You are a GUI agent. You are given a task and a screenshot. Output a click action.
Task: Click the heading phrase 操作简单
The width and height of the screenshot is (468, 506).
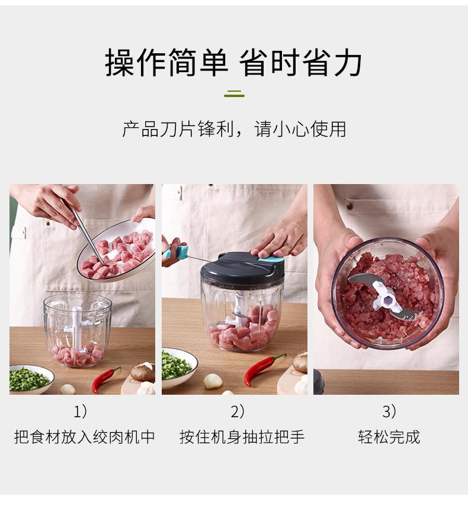[x=166, y=63]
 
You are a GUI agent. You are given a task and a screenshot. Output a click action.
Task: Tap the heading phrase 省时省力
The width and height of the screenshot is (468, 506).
[x=301, y=63]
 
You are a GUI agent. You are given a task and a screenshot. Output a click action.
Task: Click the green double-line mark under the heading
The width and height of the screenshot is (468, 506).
[x=234, y=95]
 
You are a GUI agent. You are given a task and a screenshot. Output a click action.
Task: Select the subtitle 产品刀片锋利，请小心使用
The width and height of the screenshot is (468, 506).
[x=234, y=129]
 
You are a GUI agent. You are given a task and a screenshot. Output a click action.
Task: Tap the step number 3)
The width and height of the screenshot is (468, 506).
[x=389, y=411]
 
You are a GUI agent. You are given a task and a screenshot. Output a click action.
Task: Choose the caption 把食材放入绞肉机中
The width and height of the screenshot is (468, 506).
[x=84, y=437]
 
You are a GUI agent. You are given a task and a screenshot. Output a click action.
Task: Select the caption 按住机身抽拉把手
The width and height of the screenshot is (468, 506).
[x=242, y=437]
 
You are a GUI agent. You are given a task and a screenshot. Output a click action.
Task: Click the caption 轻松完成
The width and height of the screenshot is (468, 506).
[x=389, y=437]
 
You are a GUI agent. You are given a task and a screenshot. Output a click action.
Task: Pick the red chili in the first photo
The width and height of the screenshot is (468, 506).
[x=105, y=379]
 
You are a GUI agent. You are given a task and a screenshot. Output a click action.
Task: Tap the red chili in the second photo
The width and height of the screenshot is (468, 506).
[x=262, y=368]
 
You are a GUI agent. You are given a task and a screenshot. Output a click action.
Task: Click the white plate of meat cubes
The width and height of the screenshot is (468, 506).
[x=118, y=252]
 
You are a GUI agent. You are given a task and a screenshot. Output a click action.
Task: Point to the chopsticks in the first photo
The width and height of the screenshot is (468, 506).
[x=86, y=231]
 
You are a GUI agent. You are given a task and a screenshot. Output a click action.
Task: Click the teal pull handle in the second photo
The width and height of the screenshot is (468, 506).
[x=178, y=253]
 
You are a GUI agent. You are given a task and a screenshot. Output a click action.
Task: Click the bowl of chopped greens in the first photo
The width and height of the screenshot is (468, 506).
[x=30, y=379]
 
